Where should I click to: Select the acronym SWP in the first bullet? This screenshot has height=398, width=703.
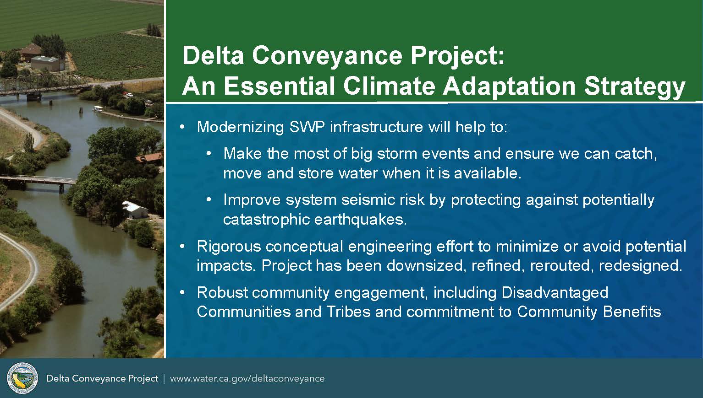(x=307, y=127)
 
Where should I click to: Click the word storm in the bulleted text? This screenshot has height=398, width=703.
(x=396, y=154)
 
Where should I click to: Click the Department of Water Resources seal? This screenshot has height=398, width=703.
(x=22, y=378)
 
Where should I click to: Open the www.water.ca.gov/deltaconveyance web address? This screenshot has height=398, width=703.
(x=247, y=379)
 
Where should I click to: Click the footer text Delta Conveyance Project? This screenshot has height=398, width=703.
(x=102, y=379)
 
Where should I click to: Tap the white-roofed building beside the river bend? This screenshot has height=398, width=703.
(x=135, y=210)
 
